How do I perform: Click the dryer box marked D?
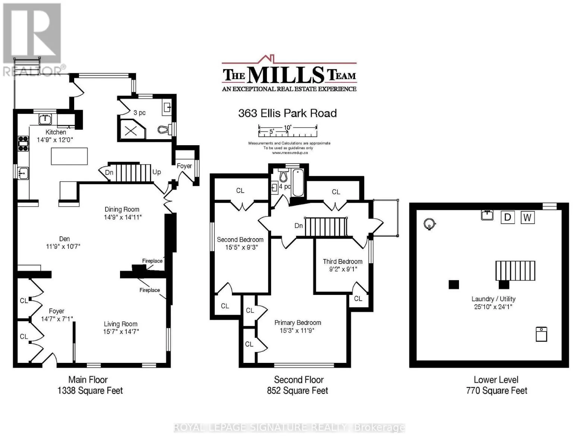point(507,217)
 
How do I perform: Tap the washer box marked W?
point(528,217)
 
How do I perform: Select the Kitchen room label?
point(56,132)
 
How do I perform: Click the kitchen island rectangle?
point(69,156)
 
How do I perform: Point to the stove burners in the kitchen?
point(23,144)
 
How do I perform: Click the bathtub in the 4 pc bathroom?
point(298,183)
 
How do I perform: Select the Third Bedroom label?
point(343,261)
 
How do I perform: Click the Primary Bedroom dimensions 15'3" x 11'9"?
point(297,330)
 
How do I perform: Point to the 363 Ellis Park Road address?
point(287,113)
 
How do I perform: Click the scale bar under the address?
point(288,131)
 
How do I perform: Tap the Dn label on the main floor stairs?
point(109,172)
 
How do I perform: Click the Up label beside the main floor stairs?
point(157,172)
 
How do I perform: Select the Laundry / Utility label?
point(494,299)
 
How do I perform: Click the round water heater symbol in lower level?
point(429,224)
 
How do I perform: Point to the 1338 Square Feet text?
point(90,391)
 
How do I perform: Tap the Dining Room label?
point(122,209)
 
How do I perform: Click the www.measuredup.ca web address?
point(290,153)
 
